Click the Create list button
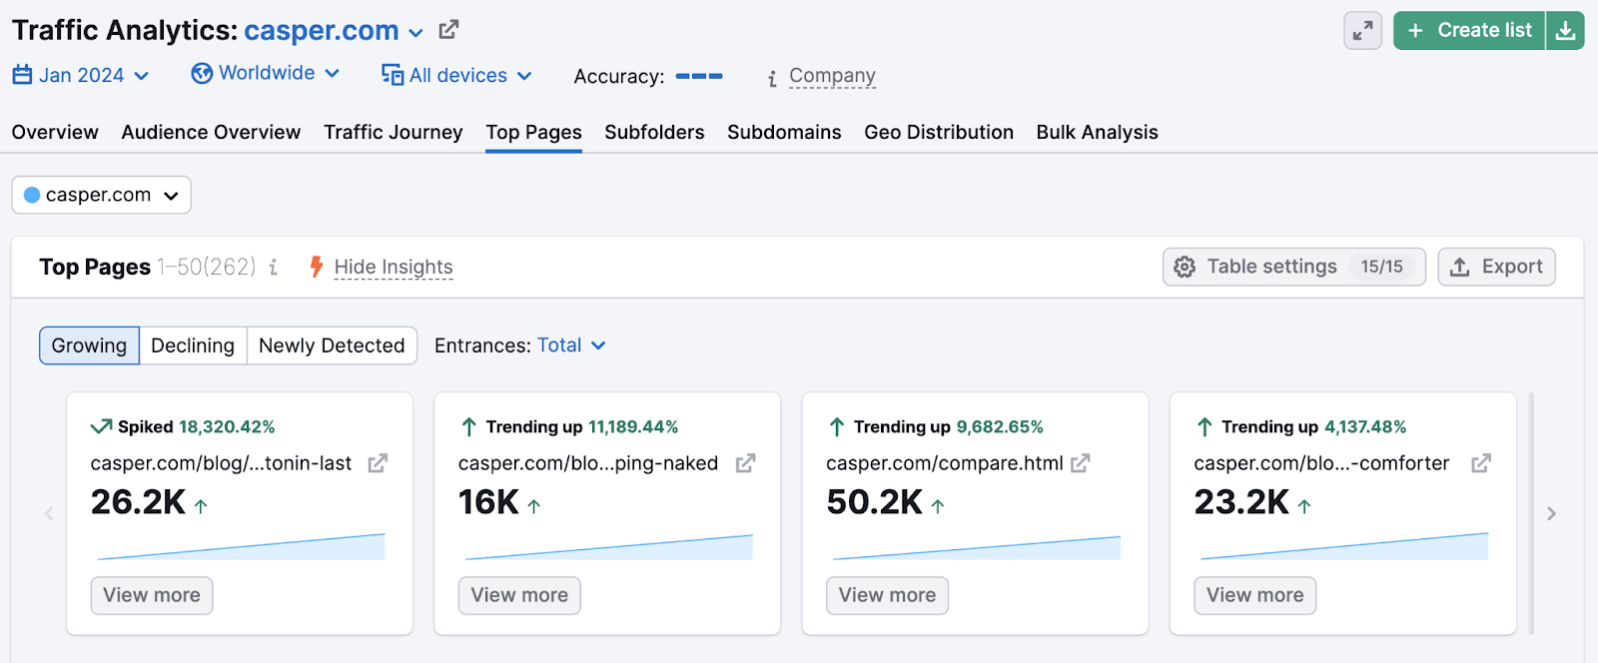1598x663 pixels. [x=1469, y=31]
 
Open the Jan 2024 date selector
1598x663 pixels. [x=81, y=76]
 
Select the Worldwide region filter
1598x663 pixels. [x=266, y=74]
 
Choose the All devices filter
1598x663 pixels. [x=457, y=76]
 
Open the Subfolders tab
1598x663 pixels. [x=654, y=133]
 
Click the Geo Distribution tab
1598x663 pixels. [x=938, y=133]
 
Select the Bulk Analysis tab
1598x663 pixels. [x=1097, y=133]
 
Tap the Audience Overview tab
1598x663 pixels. [x=211, y=133]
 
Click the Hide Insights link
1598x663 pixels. [x=393, y=268]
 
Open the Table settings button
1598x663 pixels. [x=1293, y=267]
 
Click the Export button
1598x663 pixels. [x=1496, y=267]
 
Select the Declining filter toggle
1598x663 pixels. [x=193, y=345]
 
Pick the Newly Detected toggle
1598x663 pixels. [x=332, y=345]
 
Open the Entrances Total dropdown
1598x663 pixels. [x=570, y=345]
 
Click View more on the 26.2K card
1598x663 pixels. [x=152, y=595]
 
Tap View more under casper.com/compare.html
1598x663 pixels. [x=887, y=595]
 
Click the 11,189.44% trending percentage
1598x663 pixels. [x=633, y=427]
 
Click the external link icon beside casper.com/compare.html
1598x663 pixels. [x=1080, y=463]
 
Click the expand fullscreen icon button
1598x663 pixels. [x=1362, y=31]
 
